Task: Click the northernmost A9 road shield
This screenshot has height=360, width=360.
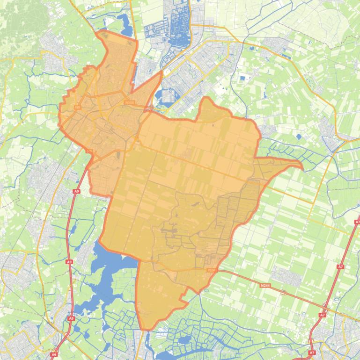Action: click(77, 191)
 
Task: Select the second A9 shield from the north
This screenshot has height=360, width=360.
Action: click(69, 262)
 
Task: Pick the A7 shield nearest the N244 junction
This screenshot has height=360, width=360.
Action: click(323, 315)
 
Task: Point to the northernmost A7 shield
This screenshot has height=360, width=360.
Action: click(357, 222)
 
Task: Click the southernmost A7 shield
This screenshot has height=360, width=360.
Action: click(312, 353)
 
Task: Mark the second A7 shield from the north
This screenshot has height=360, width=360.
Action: click(340, 266)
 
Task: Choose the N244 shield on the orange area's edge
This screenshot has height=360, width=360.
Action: click(211, 270)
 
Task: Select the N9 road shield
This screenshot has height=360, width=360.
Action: click(78, 107)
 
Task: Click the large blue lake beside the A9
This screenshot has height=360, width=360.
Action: click(101, 276)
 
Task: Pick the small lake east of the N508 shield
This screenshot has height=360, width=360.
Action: click(165, 96)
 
